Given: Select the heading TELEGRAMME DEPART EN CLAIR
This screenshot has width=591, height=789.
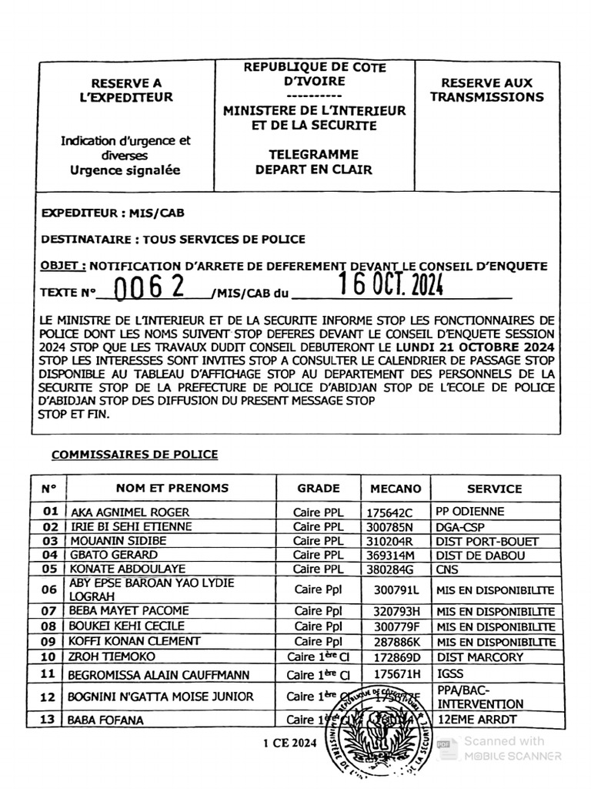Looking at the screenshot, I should (313, 162).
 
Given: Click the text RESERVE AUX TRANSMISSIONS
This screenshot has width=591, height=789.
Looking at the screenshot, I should (486, 89).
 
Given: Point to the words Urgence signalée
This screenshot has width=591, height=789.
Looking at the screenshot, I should (125, 170).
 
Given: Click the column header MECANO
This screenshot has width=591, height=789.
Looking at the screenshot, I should (396, 489).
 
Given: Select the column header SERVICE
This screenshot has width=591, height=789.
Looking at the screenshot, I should (494, 489).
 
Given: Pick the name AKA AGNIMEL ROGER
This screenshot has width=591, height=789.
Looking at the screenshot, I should (130, 512).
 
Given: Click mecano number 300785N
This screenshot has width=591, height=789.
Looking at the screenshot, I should (390, 527).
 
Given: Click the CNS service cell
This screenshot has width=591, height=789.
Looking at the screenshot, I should (448, 570).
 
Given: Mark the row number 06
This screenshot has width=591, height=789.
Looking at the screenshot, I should (50, 590).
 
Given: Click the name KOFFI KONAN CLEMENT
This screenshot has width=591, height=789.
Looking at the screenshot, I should (135, 641).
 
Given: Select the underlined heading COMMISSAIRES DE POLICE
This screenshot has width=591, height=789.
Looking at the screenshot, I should (135, 455).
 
